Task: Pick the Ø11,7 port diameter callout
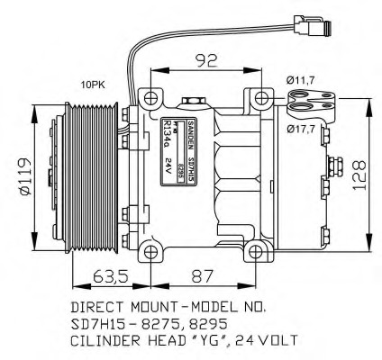[x=301, y=82]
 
